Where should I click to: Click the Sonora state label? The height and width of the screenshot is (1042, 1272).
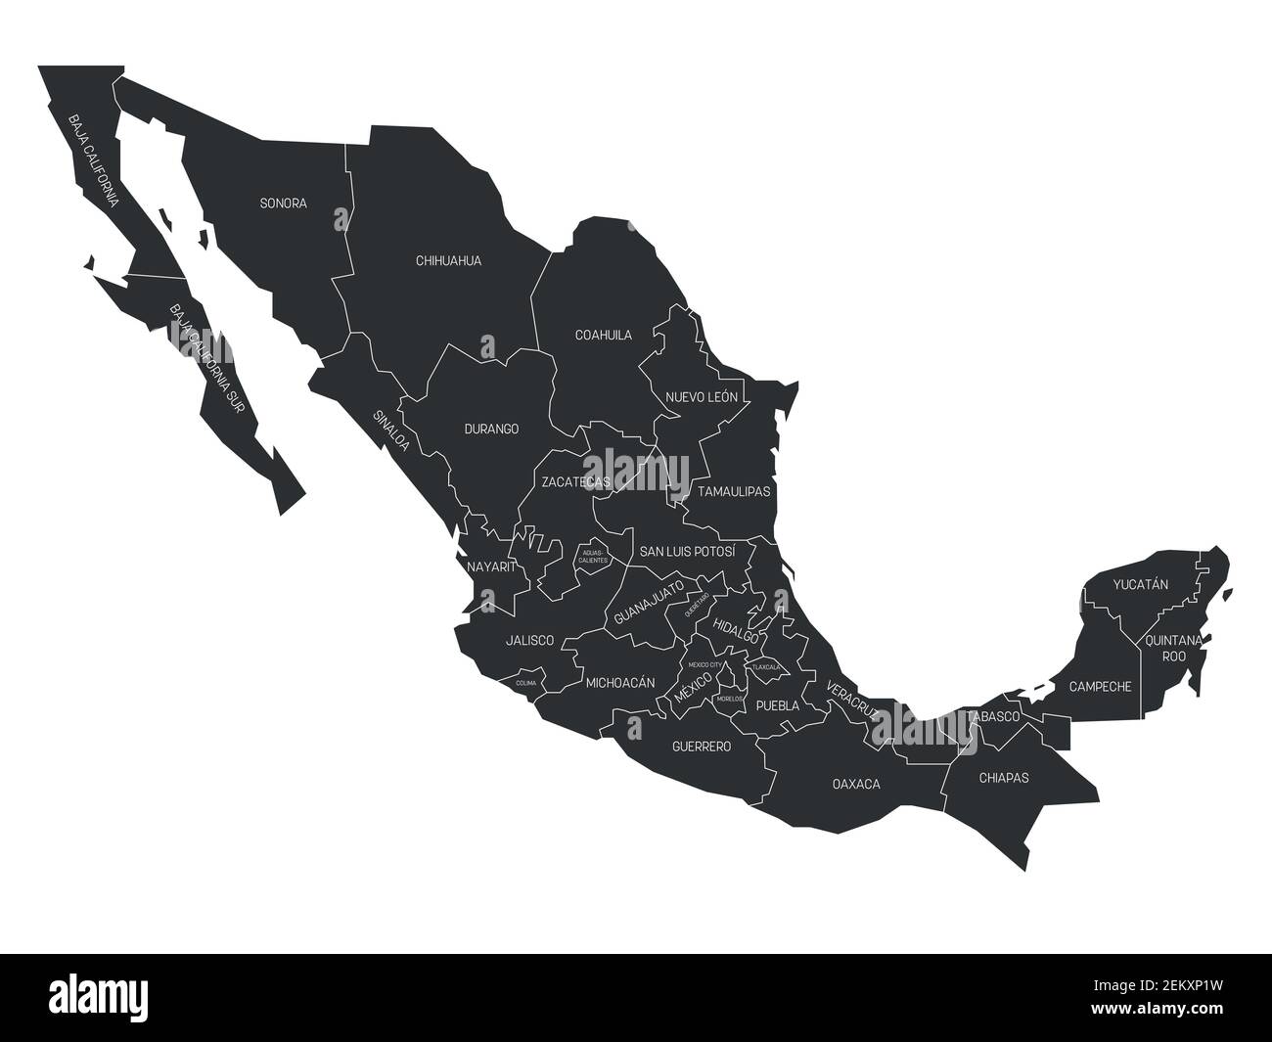(283, 204)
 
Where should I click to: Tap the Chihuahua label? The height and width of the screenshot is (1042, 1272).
(448, 261)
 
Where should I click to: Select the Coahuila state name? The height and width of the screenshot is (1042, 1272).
(603, 335)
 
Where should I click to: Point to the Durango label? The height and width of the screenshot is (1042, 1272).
(491, 429)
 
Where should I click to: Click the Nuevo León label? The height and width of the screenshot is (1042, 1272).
(702, 397)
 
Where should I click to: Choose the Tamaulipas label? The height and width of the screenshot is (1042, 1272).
(734, 491)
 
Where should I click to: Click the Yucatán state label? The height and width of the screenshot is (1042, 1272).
(1141, 585)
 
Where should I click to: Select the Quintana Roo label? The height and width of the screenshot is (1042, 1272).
(1173, 649)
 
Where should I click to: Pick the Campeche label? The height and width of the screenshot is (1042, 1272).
(1100, 687)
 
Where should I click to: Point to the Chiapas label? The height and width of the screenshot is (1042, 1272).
(1004, 779)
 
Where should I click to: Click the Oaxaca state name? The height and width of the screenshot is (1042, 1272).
(856, 784)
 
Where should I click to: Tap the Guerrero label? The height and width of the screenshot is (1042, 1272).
(702, 747)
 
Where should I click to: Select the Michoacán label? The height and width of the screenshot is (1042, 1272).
(619, 683)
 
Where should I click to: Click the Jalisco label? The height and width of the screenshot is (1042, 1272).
(529, 641)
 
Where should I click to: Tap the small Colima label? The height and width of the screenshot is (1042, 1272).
(525, 683)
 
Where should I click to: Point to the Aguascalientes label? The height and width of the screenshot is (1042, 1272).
(594, 557)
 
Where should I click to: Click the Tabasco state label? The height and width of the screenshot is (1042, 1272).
(994, 717)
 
